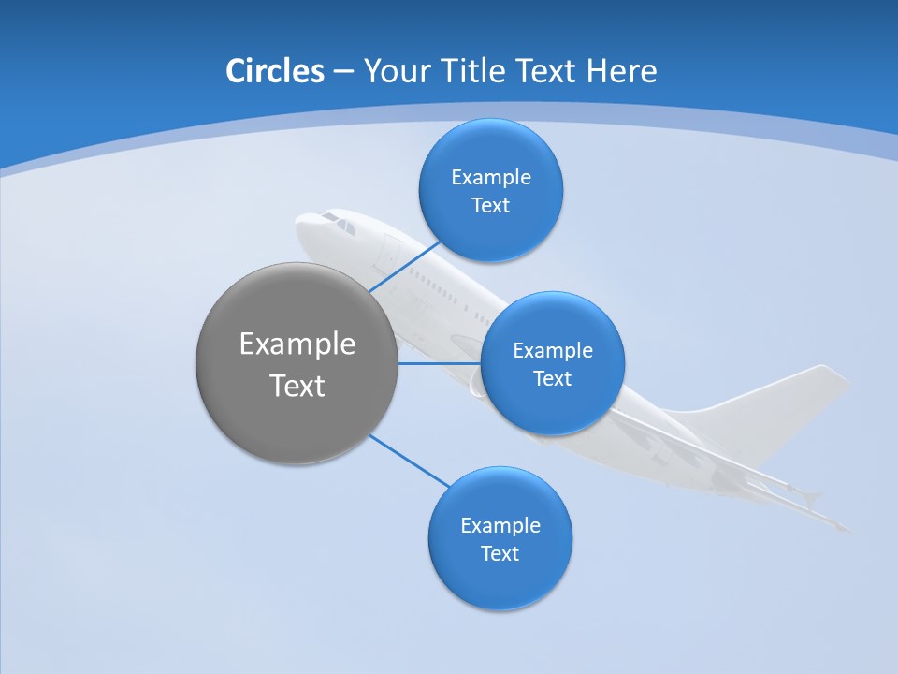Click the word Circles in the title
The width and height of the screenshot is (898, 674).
pos(274,71)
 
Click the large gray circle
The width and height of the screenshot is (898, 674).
pos(297,363)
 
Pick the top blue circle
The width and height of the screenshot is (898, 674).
pos(490,190)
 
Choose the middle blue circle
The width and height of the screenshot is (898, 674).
pos(552,363)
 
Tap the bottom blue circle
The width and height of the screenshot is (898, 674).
pos(500,538)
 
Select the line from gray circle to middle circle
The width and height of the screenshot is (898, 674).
pos(438,363)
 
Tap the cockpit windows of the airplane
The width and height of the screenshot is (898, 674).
pos(338,223)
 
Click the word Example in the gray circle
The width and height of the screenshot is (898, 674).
pos(297,344)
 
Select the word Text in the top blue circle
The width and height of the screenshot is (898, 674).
pos(490,206)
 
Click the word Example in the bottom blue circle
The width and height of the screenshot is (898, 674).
pos(500,525)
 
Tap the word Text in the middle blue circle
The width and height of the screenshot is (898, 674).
pos(552,379)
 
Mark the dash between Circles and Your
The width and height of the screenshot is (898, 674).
pos(342,72)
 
